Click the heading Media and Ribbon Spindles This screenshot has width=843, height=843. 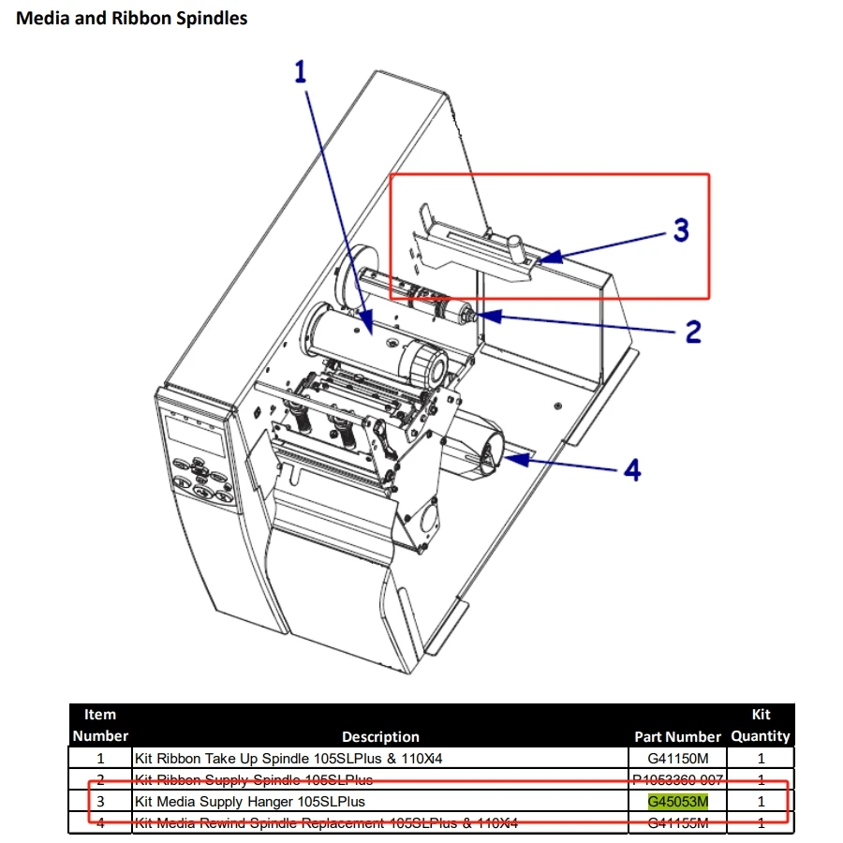[132, 18]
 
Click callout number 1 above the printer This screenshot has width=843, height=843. [301, 72]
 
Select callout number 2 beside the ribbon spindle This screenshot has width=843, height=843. [692, 331]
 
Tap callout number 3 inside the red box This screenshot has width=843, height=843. [681, 229]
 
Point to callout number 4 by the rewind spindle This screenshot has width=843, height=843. [633, 469]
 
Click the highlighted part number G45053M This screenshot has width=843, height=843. [678, 802]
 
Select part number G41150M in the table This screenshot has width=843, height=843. [678, 759]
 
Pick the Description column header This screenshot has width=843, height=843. [380, 736]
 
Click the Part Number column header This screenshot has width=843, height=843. [678, 736]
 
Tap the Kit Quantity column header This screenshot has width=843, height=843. [761, 725]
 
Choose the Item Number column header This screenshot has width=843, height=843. [100, 725]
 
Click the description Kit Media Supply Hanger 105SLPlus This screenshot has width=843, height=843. [250, 802]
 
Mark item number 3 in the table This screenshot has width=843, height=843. [100, 802]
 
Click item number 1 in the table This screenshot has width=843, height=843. [100, 759]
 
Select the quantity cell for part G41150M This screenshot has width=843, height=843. [761, 759]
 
